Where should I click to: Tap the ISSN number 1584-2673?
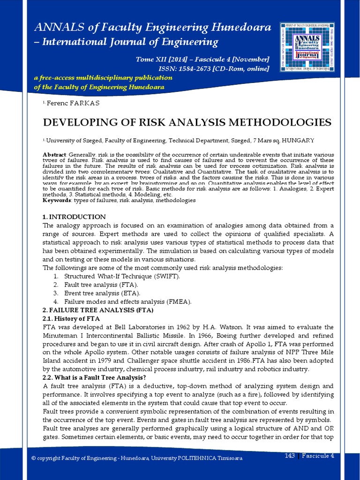click(189, 69)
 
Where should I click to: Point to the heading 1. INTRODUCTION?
click(74, 217)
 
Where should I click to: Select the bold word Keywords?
click(56, 200)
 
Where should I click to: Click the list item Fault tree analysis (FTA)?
click(101, 285)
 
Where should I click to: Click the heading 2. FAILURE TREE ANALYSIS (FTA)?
click(98, 310)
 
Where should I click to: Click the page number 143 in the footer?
click(290, 456)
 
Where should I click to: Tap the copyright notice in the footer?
click(140, 458)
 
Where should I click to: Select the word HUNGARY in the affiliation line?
click(298, 140)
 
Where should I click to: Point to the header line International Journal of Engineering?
click(130, 42)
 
